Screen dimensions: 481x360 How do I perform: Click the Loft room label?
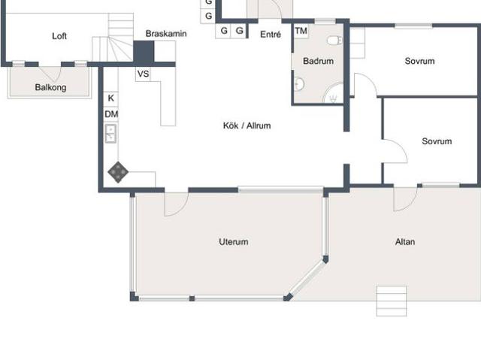[59, 36]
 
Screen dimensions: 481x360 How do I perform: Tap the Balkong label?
[50, 87]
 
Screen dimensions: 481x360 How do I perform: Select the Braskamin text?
[166, 33]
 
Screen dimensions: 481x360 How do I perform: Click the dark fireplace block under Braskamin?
[144, 53]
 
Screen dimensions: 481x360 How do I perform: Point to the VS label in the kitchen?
[143, 74]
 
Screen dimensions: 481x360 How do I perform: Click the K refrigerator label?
[111, 98]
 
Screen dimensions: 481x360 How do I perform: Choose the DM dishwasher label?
[111, 114]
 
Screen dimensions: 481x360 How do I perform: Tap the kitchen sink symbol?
[110, 133]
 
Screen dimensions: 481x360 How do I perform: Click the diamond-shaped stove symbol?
[118, 172]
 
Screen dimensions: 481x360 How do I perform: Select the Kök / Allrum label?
[247, 126]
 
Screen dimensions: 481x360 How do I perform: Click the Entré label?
[271, 35]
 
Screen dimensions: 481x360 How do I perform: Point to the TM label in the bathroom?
[301, 31]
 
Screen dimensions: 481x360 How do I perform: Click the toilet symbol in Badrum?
[335, 40]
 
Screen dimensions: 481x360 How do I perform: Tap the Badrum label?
[318, 61]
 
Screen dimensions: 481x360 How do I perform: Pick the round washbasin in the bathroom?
[299, 84]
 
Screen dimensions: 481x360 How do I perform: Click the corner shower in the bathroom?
[334, 93]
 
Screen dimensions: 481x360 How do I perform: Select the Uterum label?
[234, 242]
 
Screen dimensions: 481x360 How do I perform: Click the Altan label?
[405, 242]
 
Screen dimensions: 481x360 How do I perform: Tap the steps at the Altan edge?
[392, 301]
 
